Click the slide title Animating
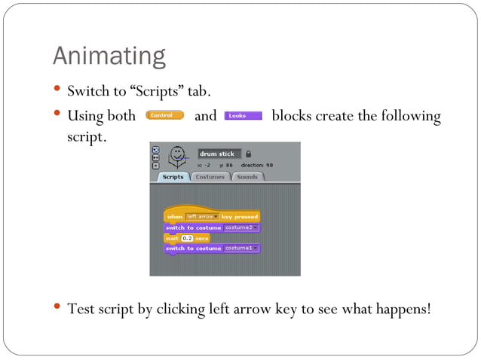tap(109, 56)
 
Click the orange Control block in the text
tap(164, 116)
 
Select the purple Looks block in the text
tap(243, 116)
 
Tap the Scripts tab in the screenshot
tap(173, 177)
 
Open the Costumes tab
tap(210, 177)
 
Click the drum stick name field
tap(219, 154)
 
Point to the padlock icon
tap(249, 154)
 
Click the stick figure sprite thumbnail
tap(177, 157)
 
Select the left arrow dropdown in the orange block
tap(202, 217)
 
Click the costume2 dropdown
tap(241, 227)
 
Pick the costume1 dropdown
tap(241, 248)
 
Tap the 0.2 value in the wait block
tap(188, 238)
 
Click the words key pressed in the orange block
tap(239, 217)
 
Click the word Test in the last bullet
tap(81, 309)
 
